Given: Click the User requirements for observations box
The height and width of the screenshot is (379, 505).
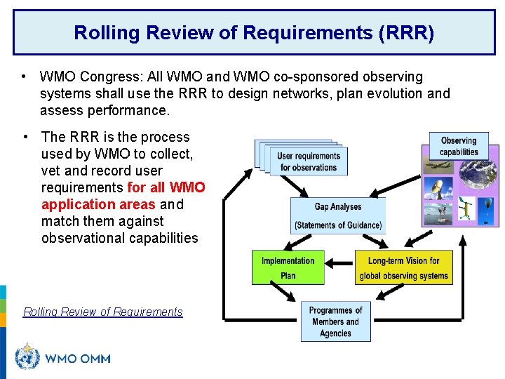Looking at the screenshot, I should click(307, 161).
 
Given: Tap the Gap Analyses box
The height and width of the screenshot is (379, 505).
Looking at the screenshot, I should click(338, 215).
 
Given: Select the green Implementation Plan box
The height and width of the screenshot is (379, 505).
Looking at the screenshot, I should click(288, 267).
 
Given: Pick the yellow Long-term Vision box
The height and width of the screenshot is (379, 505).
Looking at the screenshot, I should click(403, 267).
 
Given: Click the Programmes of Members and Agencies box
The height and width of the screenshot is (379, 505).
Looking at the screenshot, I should click(335, 321).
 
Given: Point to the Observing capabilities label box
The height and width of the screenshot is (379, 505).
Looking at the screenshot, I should click(458, 146).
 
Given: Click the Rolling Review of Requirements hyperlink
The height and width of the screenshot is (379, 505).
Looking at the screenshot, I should click(103, 312).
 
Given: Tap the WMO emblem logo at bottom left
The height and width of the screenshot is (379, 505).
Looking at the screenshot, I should click(27, 357).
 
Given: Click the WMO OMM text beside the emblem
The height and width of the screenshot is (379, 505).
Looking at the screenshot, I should click(77, 359).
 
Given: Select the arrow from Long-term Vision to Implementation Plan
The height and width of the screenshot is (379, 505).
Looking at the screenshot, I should click(339, 267).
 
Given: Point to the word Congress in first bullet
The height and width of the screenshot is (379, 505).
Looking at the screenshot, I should click(108, 77).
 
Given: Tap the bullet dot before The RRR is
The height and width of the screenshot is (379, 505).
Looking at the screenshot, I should click(25, 137).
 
